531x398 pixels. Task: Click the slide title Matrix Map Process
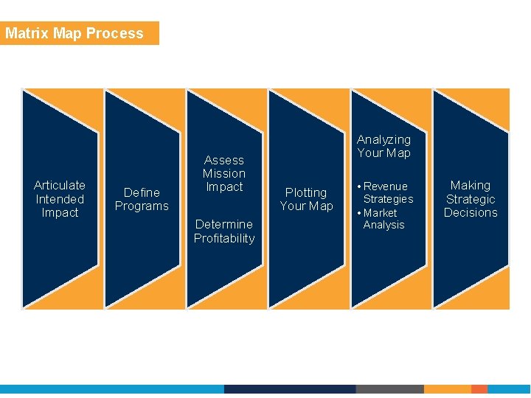[x=74, y=33]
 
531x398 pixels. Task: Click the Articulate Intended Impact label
[x=60, y=199]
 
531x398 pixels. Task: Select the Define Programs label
[x=142, y=199]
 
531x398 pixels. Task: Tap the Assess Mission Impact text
[x=224, y=173]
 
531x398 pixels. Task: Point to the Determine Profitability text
[x=224, y=231]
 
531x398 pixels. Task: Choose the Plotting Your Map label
[x=306, y=199]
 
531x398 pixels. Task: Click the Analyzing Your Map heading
[x=383, y=146]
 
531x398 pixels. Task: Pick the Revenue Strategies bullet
[x=388, y=192]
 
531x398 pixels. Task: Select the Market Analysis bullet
[x=383, y=219]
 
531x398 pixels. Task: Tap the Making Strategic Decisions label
[x=471, y=199]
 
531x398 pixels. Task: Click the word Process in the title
[x=115, y=33]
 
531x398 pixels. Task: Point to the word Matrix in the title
[x=27, y=33]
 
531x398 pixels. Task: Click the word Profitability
[x=224, y=238]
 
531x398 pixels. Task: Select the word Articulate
[x=60, y=185]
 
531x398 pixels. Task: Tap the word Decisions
[x=471, y=213]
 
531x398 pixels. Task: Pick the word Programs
[x=142, y=206]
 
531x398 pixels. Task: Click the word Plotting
[x=306, y=192]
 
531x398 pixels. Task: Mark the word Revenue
[x=386, y=186]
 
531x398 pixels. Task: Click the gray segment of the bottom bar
[x=389, y=389]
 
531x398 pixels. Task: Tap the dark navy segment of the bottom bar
[x=289, y=389]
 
